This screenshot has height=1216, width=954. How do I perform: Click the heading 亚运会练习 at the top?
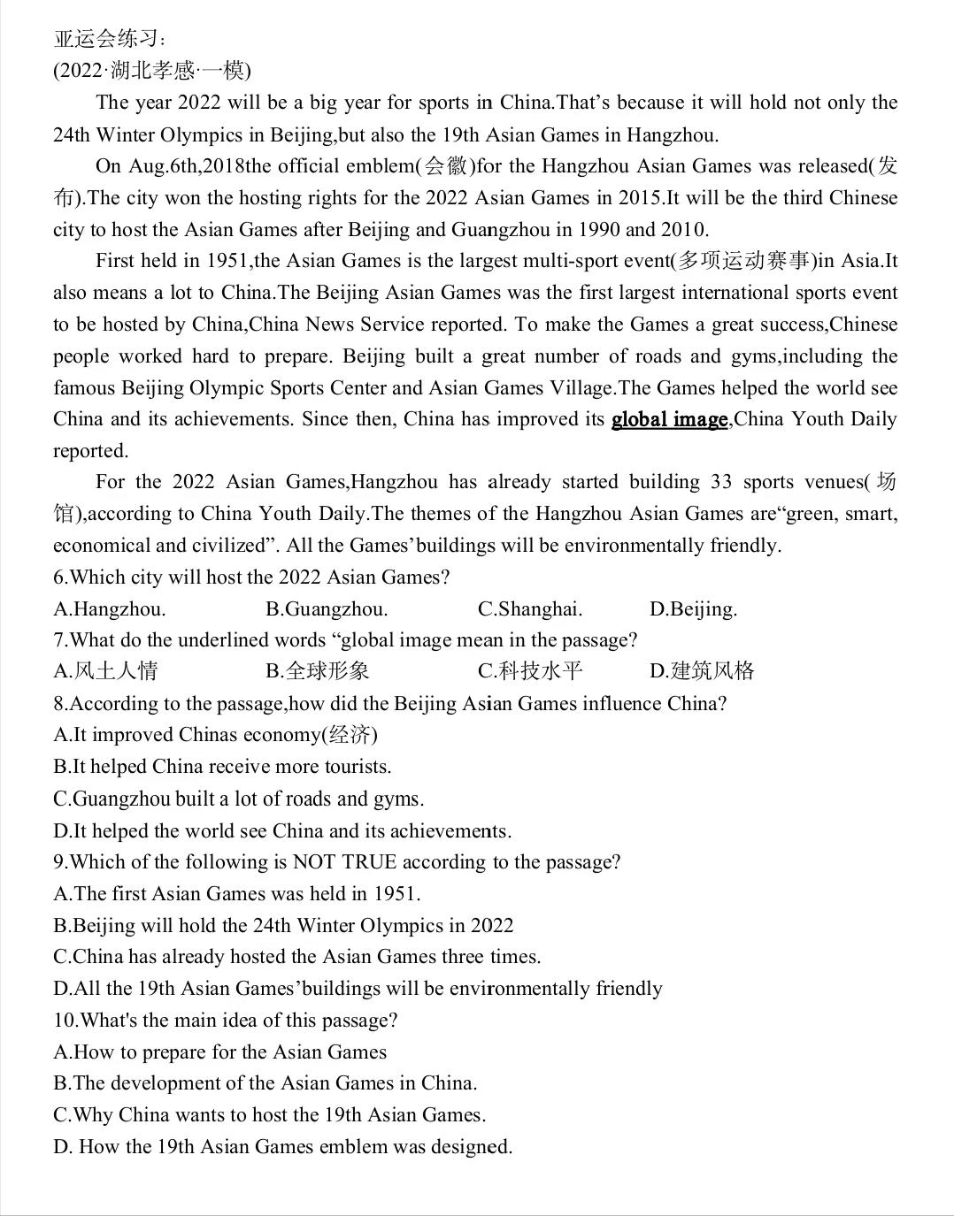(x=108, y=39)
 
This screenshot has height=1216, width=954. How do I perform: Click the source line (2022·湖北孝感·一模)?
(x=151, y=71)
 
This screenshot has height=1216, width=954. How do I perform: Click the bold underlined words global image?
(x=670, y=419)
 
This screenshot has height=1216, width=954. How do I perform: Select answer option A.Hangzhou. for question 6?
(x=110, y=609)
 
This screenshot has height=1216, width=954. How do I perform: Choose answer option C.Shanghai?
(x=530, y=609)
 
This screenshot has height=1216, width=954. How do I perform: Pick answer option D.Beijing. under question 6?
(x=693, y=609)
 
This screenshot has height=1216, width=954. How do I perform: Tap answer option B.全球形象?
(x=318, y=671)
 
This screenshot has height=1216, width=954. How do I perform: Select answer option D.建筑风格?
(x=702, y=671)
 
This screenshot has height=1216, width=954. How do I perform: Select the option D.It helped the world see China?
(x=282, y=831)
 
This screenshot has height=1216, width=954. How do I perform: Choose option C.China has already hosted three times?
(x=296, y=957)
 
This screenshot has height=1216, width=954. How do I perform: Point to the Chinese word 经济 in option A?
(x=351, y=735)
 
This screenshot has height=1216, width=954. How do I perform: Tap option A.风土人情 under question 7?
(x=105, y=671)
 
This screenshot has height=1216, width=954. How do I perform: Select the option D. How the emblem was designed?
(x=283, y=1147)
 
